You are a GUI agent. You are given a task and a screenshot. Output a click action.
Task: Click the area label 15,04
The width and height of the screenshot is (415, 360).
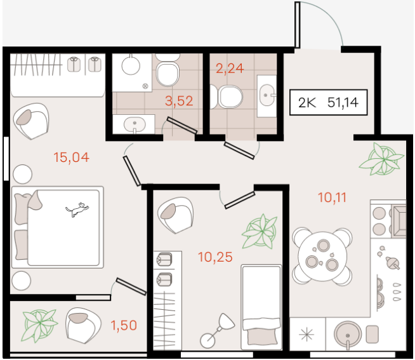click(72, 157)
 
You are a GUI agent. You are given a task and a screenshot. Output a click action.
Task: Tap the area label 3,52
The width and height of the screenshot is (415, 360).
click(179, 101)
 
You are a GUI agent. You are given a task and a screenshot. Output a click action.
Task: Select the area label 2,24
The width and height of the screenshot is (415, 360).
click(230, 69)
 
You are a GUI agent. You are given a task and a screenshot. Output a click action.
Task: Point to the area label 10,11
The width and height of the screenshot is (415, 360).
click(332, 197)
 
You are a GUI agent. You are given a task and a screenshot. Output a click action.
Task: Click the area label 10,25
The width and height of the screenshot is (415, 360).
click(215, 257)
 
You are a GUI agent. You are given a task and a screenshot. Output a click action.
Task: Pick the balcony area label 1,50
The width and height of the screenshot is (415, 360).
click(124, 325)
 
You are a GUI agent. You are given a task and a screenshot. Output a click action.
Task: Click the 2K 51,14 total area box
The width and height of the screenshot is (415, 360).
click(329, 102)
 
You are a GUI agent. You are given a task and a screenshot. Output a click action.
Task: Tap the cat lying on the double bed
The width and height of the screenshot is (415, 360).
click(77, 210)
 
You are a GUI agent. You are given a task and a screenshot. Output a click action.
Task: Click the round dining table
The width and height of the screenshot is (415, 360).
click(322, 256)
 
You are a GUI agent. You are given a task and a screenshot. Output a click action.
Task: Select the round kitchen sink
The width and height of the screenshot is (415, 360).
click(348, 335)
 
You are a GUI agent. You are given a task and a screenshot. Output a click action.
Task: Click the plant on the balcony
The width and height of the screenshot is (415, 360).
click(40, 325)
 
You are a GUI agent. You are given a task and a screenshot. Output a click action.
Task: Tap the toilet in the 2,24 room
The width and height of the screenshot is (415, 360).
click(227, 97)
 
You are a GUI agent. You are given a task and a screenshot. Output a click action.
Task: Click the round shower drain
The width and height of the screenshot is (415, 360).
click(145, 86)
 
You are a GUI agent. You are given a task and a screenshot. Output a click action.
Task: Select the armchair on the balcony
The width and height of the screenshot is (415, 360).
click(83, 326)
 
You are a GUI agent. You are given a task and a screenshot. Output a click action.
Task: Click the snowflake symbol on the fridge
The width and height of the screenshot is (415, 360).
click(306, 335)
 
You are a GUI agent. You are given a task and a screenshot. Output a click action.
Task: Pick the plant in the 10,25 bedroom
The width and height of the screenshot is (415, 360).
click(260, 231)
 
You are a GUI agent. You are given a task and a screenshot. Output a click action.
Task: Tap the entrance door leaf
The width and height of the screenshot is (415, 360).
click(298, 25)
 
